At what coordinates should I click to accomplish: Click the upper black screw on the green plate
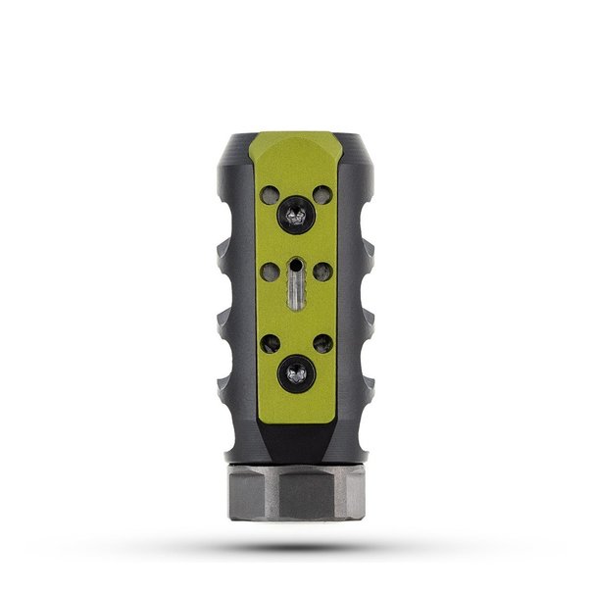[295, 211]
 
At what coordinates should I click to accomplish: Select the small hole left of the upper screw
[271, 193]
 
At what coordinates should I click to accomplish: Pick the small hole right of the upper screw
[321, 193]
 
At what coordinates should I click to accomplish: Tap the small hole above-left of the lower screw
[271, 343]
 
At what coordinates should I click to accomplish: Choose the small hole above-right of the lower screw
[321, 343]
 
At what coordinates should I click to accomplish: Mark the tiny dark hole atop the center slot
[296, 263]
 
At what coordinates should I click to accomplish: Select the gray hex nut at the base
[296, 493]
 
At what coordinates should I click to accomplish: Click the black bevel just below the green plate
[296, 441]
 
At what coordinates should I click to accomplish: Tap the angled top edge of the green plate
[296, 140]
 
